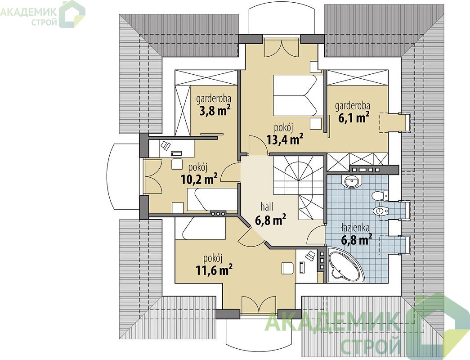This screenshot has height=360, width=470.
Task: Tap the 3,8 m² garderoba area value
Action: click(215, 111)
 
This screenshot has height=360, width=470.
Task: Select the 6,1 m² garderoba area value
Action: click(354, 117)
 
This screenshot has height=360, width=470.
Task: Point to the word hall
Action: click(267, 207)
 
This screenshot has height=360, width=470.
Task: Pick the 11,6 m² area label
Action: click(215, 270)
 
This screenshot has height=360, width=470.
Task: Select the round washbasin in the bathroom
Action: click(351, 181)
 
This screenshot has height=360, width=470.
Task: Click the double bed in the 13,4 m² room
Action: click(299, 95)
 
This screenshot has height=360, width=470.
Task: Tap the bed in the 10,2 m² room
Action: click(212, 199)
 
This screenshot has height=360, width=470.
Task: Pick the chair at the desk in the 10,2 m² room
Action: click(177, 164)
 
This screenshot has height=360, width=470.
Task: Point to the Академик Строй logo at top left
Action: click(42, 14)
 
